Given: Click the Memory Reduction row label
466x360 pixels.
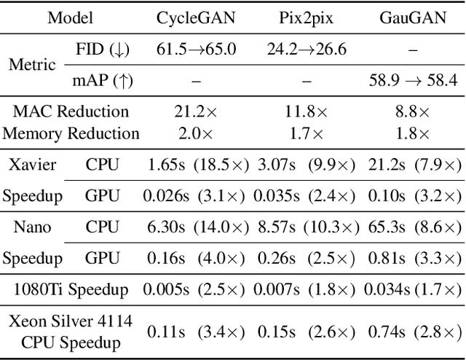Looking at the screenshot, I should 71,133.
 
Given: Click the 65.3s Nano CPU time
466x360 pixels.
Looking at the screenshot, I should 385,227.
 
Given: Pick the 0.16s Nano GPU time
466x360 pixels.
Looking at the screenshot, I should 162,257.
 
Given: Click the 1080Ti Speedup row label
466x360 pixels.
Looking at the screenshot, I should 71,289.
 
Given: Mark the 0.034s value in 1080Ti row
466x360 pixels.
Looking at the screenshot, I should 385,289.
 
